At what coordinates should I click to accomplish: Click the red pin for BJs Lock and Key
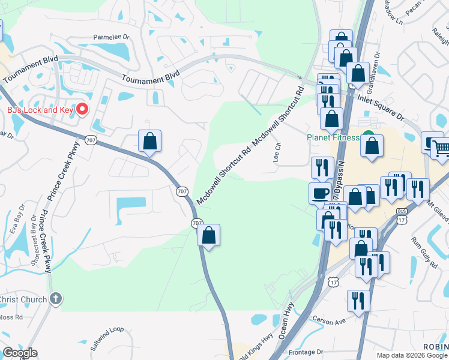click(x=82, y=110)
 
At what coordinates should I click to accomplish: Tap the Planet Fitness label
click(x=333, y=137)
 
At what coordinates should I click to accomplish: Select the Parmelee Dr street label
click(x=111, y=37)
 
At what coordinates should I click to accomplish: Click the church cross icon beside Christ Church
click(x=55, y=298)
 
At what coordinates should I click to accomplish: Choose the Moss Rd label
click(x=11, y=317)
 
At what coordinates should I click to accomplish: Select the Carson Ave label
click(x=332, y=322)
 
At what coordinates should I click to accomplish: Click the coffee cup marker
click(x=320, y=193)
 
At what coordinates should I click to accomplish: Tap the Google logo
click(x=20, y=353)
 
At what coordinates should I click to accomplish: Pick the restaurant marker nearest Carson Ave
click(x=358, y=301)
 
